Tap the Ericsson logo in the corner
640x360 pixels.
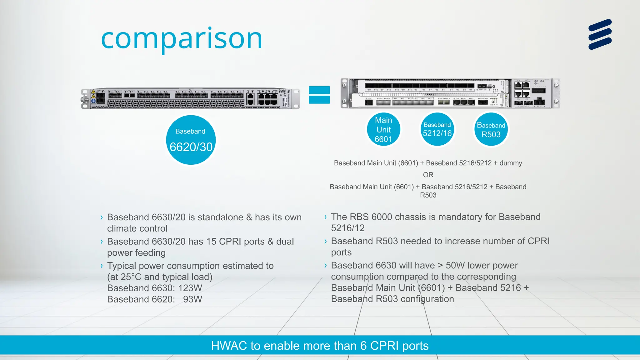600,34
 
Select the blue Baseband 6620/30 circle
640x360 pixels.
191,140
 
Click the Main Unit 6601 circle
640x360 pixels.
383,129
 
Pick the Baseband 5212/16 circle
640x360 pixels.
437,129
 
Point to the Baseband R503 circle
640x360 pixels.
491,129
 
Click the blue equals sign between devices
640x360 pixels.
319,95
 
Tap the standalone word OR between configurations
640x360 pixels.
428,175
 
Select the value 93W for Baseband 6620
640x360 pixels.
192,299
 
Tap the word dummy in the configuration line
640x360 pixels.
511,163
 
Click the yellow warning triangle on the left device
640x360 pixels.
93,92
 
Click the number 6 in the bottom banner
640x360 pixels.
363,346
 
